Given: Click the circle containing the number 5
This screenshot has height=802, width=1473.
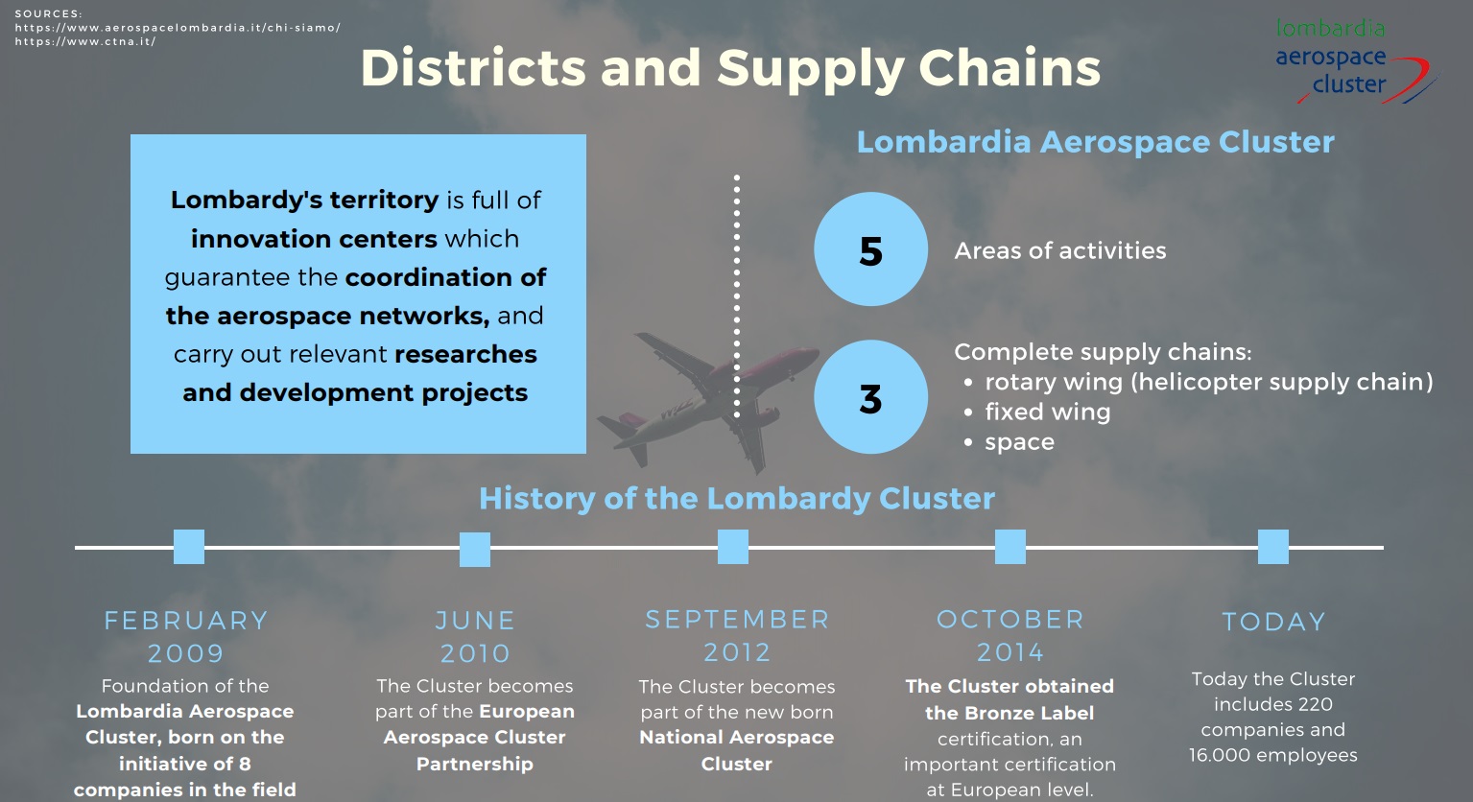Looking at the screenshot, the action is tap(870, 249).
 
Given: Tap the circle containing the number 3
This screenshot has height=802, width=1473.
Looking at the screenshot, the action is tap(870, 397).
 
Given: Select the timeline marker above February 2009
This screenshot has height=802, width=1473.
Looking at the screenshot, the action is tap(189, 547).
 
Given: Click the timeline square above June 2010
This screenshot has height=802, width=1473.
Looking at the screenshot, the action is tap(475, 550).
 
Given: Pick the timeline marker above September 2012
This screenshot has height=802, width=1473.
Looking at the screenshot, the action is tap(732, 547).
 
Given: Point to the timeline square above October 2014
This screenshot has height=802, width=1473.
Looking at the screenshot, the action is tap(1010, 547).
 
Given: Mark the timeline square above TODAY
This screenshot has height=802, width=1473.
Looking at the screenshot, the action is tap(1273, 547).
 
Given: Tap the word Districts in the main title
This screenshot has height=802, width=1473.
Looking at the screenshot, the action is tap(473, 68).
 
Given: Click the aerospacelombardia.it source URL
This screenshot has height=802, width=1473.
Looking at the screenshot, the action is tap(178, 28).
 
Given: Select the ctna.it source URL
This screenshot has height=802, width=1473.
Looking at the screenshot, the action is tap(84, 41).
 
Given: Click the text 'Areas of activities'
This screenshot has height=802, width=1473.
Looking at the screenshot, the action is tap(1060, 250).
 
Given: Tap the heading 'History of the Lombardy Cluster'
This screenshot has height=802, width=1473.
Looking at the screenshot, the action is tap(737, 498).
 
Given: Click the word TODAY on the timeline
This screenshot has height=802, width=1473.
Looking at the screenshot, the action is tap(1273, 622).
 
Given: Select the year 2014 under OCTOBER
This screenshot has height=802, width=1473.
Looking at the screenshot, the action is tap(1010, 652).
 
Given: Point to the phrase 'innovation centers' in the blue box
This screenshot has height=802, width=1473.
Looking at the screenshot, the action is tap(314, 239).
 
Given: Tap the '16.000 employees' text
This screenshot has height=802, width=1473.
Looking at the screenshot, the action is tap(1273, 755).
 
